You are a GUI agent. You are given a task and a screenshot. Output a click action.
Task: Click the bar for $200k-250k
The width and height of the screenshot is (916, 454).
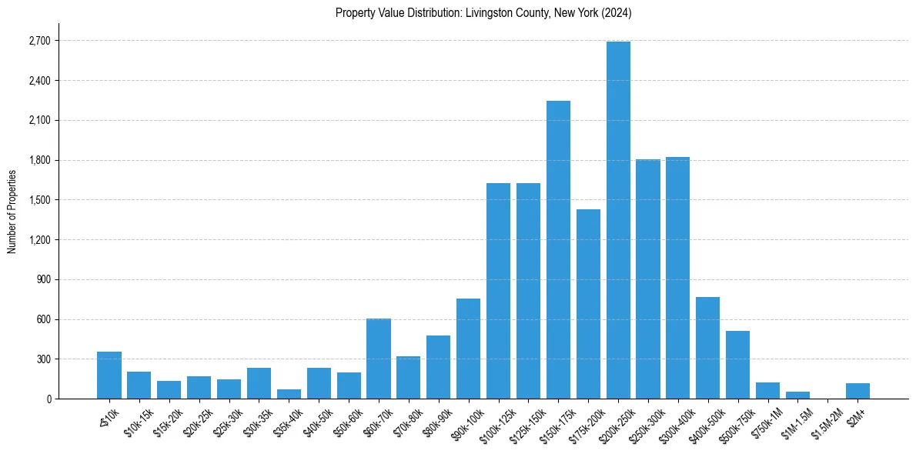(x=618, y=220)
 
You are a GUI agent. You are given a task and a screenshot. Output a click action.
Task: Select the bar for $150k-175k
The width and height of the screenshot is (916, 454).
(x=558, y=250)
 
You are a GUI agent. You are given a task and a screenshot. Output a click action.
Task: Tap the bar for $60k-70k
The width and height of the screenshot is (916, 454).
(x=379, y=359)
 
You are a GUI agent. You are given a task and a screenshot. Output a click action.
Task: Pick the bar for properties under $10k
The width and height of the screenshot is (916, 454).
(x=109, y=376)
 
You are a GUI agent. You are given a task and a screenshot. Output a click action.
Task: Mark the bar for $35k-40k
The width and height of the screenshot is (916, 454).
(x=289, y=394)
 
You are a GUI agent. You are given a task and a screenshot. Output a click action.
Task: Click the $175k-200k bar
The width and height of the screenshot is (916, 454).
(x=588, y=304)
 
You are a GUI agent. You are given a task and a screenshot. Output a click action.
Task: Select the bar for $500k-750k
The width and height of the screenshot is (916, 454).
(x=737, y=365)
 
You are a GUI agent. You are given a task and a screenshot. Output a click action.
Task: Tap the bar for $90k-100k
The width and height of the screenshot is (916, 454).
(x=468, y=349)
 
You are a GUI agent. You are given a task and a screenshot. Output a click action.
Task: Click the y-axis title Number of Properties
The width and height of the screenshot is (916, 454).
(x=12, y=212)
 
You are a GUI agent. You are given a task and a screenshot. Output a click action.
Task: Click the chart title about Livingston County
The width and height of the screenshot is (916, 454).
(x=483, y=13)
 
